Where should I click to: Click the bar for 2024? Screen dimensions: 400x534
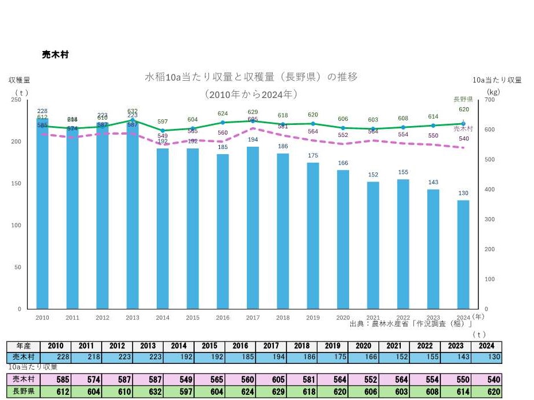463,254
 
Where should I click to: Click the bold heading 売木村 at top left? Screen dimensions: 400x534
56,54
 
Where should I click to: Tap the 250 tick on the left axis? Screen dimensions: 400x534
16,100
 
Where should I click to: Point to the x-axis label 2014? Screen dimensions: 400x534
162,317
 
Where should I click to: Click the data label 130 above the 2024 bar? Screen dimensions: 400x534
463,193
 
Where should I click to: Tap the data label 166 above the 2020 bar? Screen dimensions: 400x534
343,163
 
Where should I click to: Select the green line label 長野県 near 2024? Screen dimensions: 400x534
463,99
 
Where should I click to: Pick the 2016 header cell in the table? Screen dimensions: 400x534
240,346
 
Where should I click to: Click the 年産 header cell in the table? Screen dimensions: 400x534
23,346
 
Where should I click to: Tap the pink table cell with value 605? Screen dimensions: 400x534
271,379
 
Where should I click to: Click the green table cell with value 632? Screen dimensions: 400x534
148,392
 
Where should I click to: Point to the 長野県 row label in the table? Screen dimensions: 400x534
23,392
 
